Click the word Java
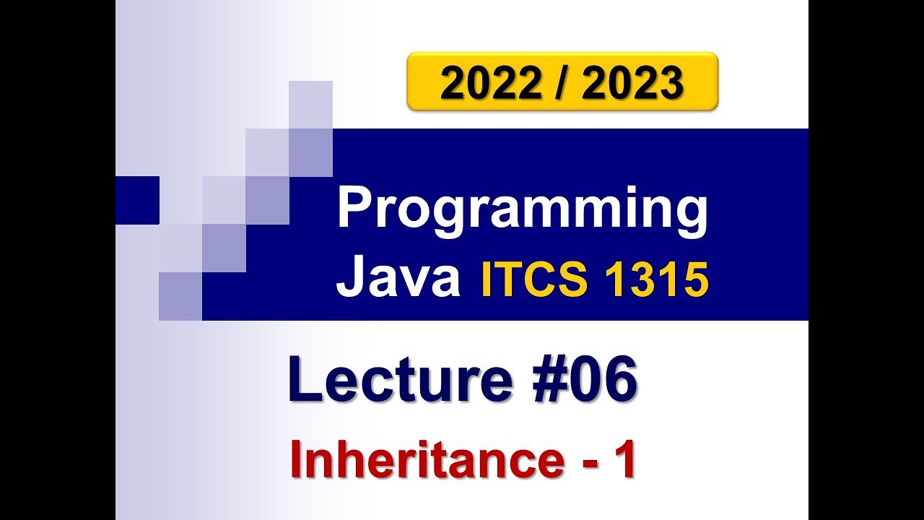coord(398,279)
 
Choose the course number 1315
coord(654,279)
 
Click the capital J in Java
coord(348,279)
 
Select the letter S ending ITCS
coord(575,279)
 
